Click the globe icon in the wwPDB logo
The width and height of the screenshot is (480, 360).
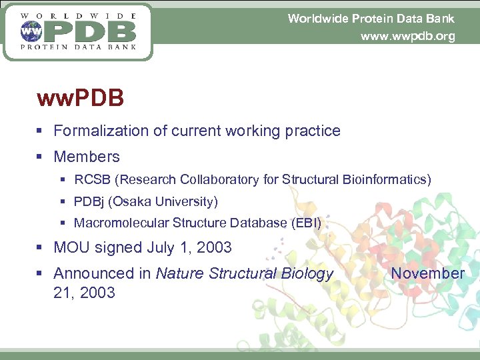pyautogui.click(x=29, y=30)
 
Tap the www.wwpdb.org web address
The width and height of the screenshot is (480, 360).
pyautogui.click(x=407, y=37)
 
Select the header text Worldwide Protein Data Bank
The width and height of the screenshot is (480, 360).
pyautogui.click(x=371, y=19)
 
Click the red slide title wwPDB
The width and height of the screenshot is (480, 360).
pyautogui.click(x=81, y=99)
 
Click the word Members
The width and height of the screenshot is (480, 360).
pyautogui.click(x=87, y=157)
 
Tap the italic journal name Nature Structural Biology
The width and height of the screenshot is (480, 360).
pyautogui.click(x=244, y=273)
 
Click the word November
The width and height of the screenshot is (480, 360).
pyautogui.click(x=427, y=273)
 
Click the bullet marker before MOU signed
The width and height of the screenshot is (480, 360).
pyautogui.click(x=40, y=248)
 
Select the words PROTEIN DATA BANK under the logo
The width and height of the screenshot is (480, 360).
pyautogui.click(x=79, y=47)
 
